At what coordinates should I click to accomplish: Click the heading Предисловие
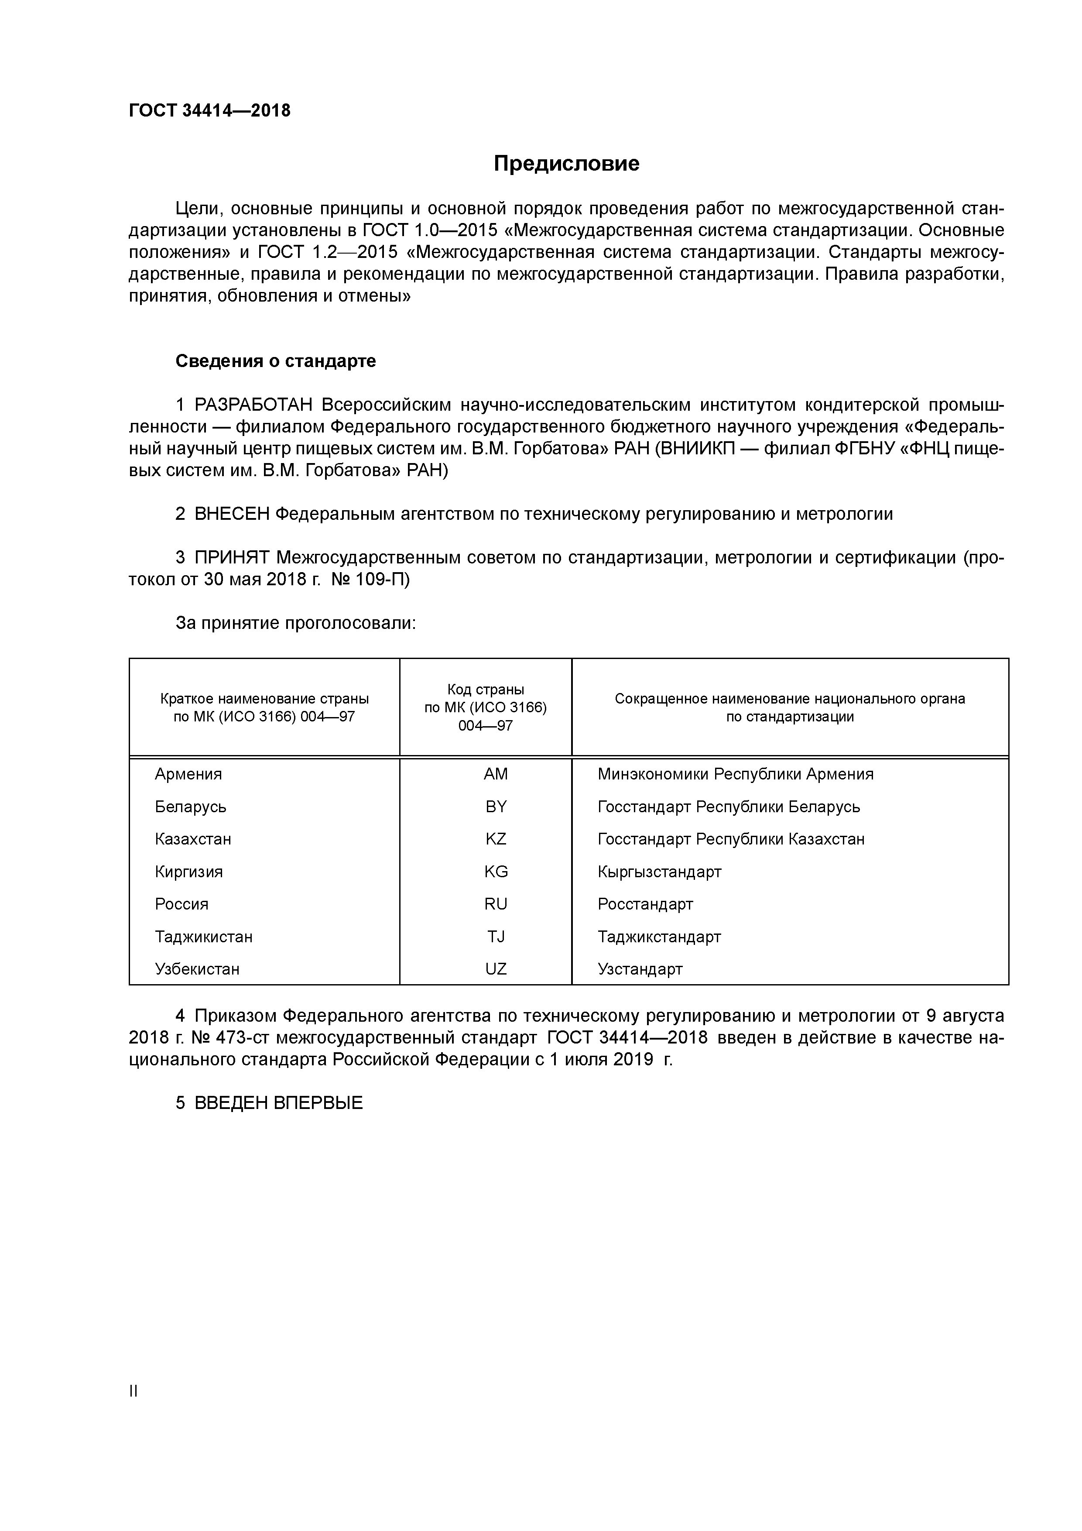[566, 163]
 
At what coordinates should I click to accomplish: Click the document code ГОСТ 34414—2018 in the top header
[209, 111]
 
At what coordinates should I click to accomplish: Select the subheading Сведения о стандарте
[275, 361]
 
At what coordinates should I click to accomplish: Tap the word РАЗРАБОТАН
[253, 405]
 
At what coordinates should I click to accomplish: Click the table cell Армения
[188, 774]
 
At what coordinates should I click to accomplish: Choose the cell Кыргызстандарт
[659, 872]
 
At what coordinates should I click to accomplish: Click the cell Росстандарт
[645, 904]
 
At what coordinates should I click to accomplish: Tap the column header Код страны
[485, 690]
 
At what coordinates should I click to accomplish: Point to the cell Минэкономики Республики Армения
[735, 774]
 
